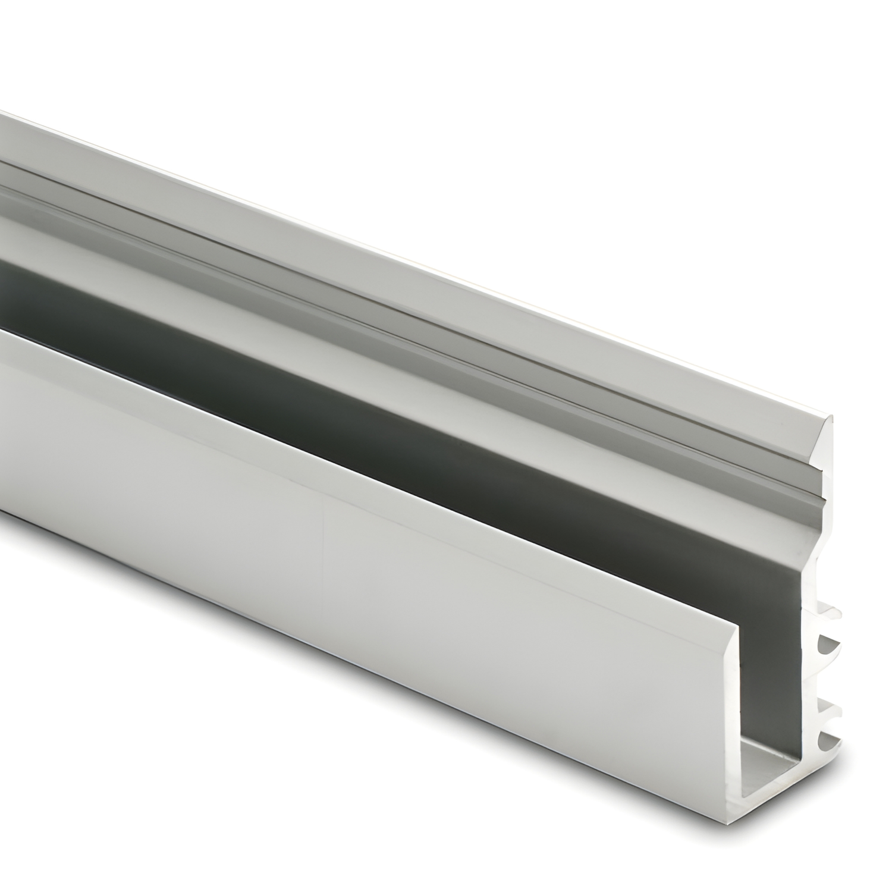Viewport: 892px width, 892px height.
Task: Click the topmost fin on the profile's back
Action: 832,613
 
